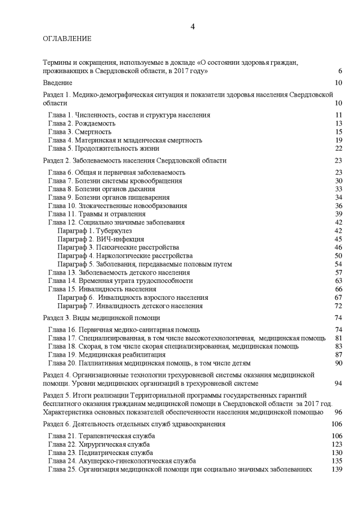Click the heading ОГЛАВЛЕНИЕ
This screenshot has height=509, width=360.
[67, 39]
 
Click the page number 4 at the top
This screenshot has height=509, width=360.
[193, 26]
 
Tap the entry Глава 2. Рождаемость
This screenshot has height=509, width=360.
[82, 123]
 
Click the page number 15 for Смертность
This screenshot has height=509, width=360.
[339, 132]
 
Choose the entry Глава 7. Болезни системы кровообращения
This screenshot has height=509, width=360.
[115, 181]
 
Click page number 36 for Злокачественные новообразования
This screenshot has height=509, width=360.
[339, 205]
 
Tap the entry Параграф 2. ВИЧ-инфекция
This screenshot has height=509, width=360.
[96, 239]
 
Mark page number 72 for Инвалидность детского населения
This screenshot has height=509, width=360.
[339, 306]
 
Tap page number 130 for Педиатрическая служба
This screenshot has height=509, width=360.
[337, 452]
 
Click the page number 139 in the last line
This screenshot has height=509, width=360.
[337, 469]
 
